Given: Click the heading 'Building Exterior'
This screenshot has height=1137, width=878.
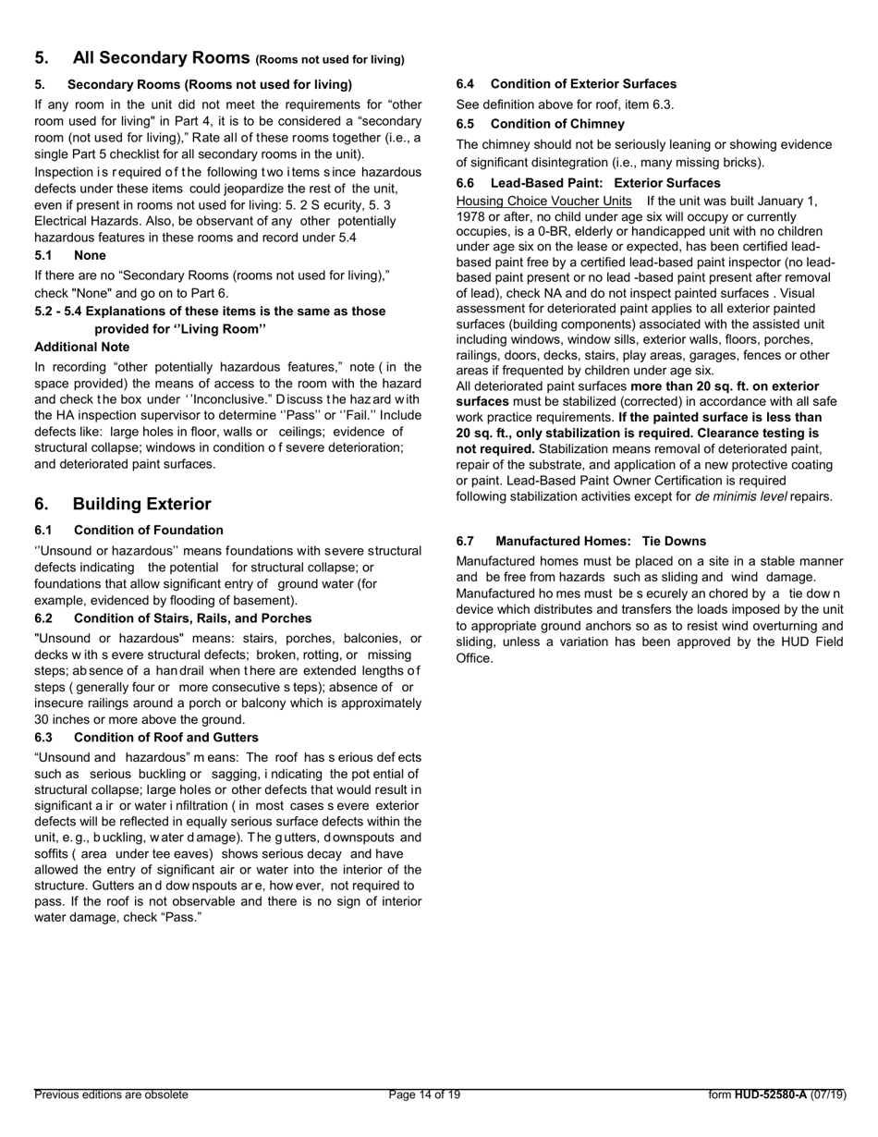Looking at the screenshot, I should pos(141,504).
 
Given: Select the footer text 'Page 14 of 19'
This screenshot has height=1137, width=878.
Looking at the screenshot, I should pos(424,1094).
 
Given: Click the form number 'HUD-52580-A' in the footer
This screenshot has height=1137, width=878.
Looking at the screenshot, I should pos(770,1094).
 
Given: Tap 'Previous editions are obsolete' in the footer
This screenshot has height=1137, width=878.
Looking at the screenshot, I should pos(111,1094).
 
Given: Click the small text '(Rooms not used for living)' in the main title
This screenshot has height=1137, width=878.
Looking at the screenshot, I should pos(330,60).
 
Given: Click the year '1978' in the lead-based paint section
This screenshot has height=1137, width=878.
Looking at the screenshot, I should pos(473,216).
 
